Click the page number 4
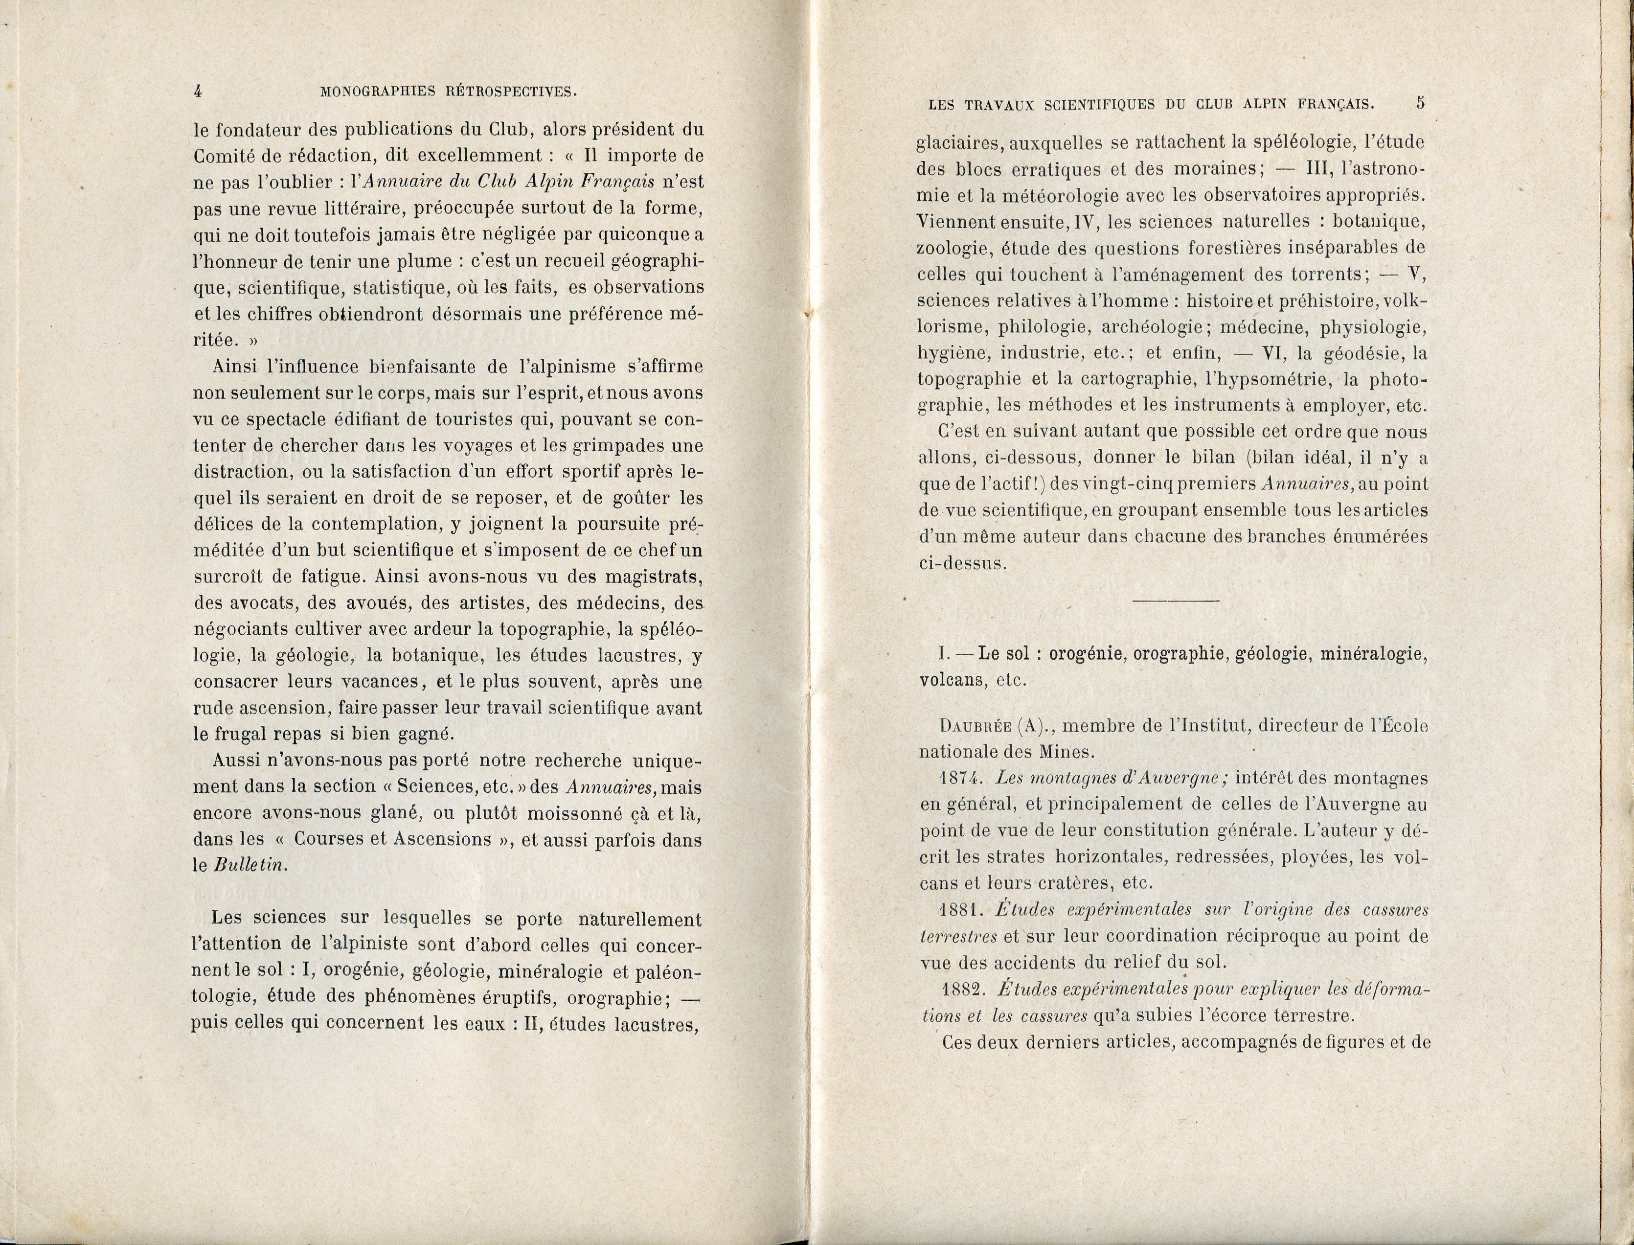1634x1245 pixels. coord(198,91)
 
